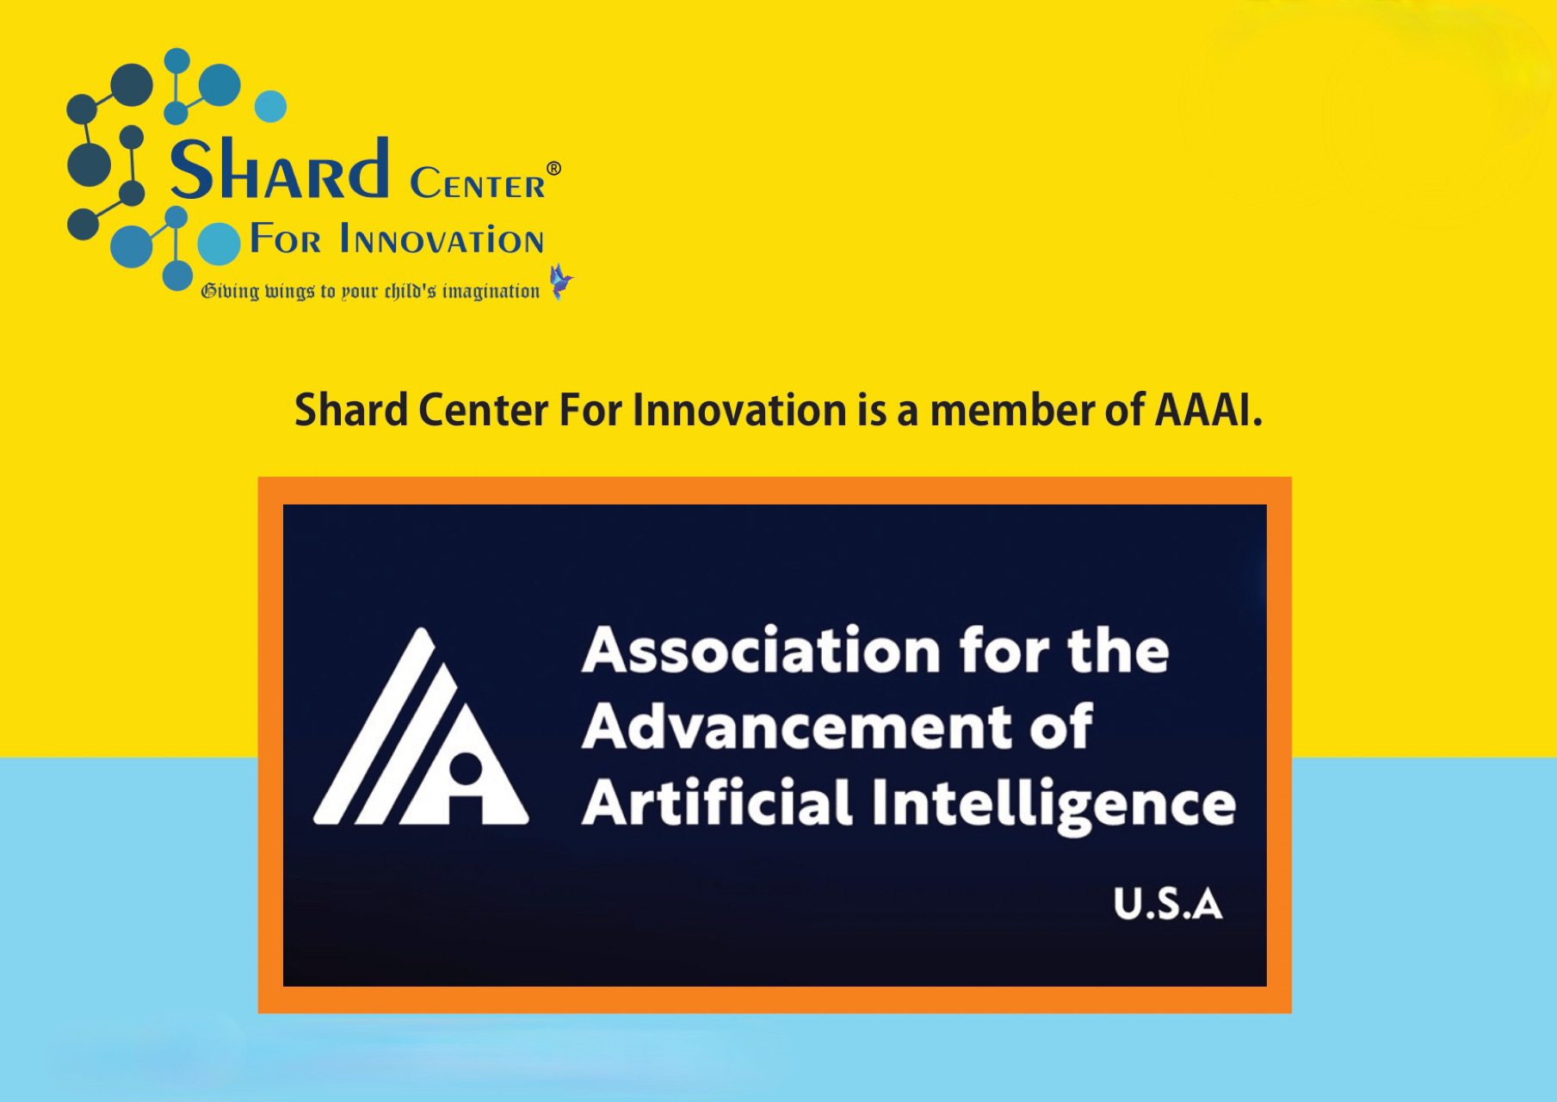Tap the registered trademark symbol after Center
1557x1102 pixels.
(554, 169)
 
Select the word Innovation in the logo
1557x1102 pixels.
(442, 239)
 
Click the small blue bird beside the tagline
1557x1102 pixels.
(561, 282)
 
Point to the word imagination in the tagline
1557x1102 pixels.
(491, 292)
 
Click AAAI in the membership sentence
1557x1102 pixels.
(1208, 410)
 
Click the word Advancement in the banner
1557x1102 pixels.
(797, 727)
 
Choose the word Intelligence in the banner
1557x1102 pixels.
(1054, 805)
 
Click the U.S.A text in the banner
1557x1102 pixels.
(1168, 904)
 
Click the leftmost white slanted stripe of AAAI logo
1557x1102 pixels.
(374, 726)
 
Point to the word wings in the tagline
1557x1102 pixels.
(289, 292)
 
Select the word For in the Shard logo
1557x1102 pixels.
(285, 239)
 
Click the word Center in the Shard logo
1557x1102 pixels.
(478, 183)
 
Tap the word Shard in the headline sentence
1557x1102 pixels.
(351, 410)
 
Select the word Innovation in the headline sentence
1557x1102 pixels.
(740, 410)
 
